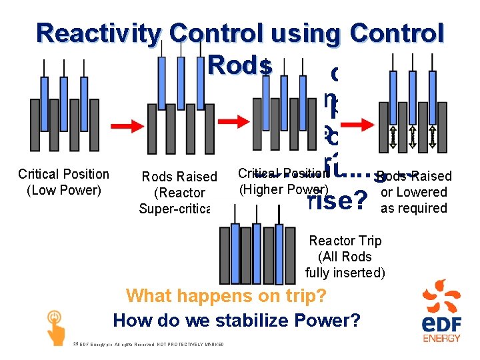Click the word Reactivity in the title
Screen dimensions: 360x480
pos(99,33)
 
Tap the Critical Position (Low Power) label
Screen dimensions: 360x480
pos(63,182)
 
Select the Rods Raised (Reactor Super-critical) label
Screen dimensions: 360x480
pos(179,193)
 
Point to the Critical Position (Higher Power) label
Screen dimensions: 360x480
pos(283,181)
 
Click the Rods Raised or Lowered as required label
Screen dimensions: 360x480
pos(413,192)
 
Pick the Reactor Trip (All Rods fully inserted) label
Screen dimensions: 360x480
pos(345,257)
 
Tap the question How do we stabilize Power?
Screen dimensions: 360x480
pos(237,320)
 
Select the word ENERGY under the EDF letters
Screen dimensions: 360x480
pos(441,338)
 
